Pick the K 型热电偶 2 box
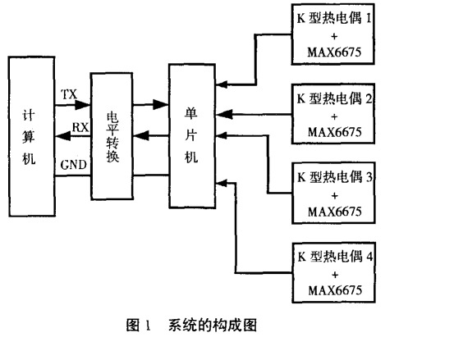(x=334, y=113)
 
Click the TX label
(x=70, y=94)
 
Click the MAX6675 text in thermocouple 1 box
(x=334, y=54)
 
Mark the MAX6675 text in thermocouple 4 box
(x=334, y=290)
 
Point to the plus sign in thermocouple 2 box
(x=334, y=115)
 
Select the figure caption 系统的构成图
(x=213, y=326)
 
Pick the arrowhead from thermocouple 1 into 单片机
(x=219, y=82)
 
